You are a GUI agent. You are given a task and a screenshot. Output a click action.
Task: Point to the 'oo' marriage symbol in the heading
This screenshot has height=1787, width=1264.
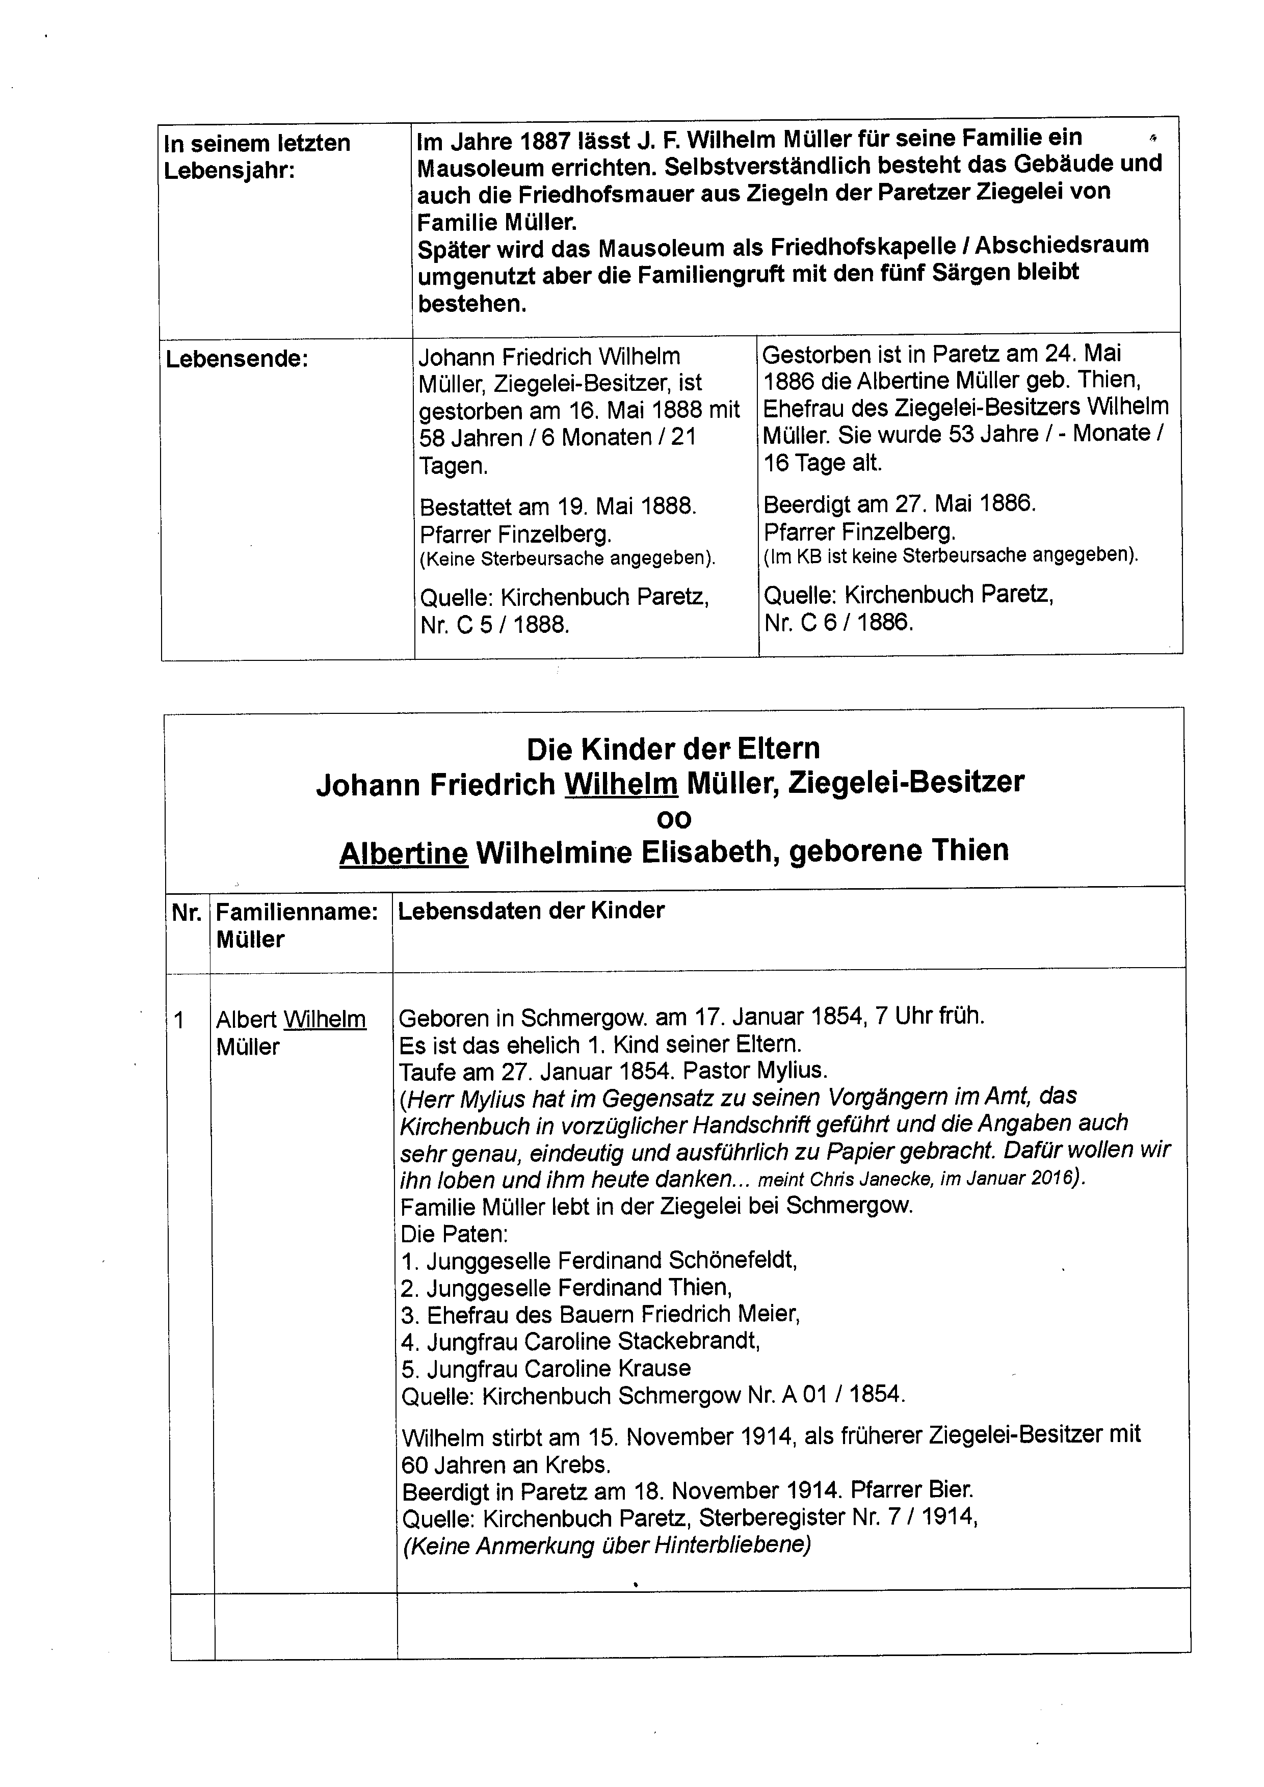[x=674, y=819]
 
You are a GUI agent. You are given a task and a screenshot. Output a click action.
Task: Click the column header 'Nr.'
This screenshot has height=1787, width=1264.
[x=187, y=912]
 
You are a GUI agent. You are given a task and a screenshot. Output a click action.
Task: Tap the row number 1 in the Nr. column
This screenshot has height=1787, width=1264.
[x=179, y=1020]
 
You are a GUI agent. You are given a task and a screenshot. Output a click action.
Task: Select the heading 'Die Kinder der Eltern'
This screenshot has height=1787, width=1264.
[x=673, y=749]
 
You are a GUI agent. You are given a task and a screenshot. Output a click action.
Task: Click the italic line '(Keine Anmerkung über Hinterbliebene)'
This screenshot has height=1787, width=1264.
[x=607, y=1545]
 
